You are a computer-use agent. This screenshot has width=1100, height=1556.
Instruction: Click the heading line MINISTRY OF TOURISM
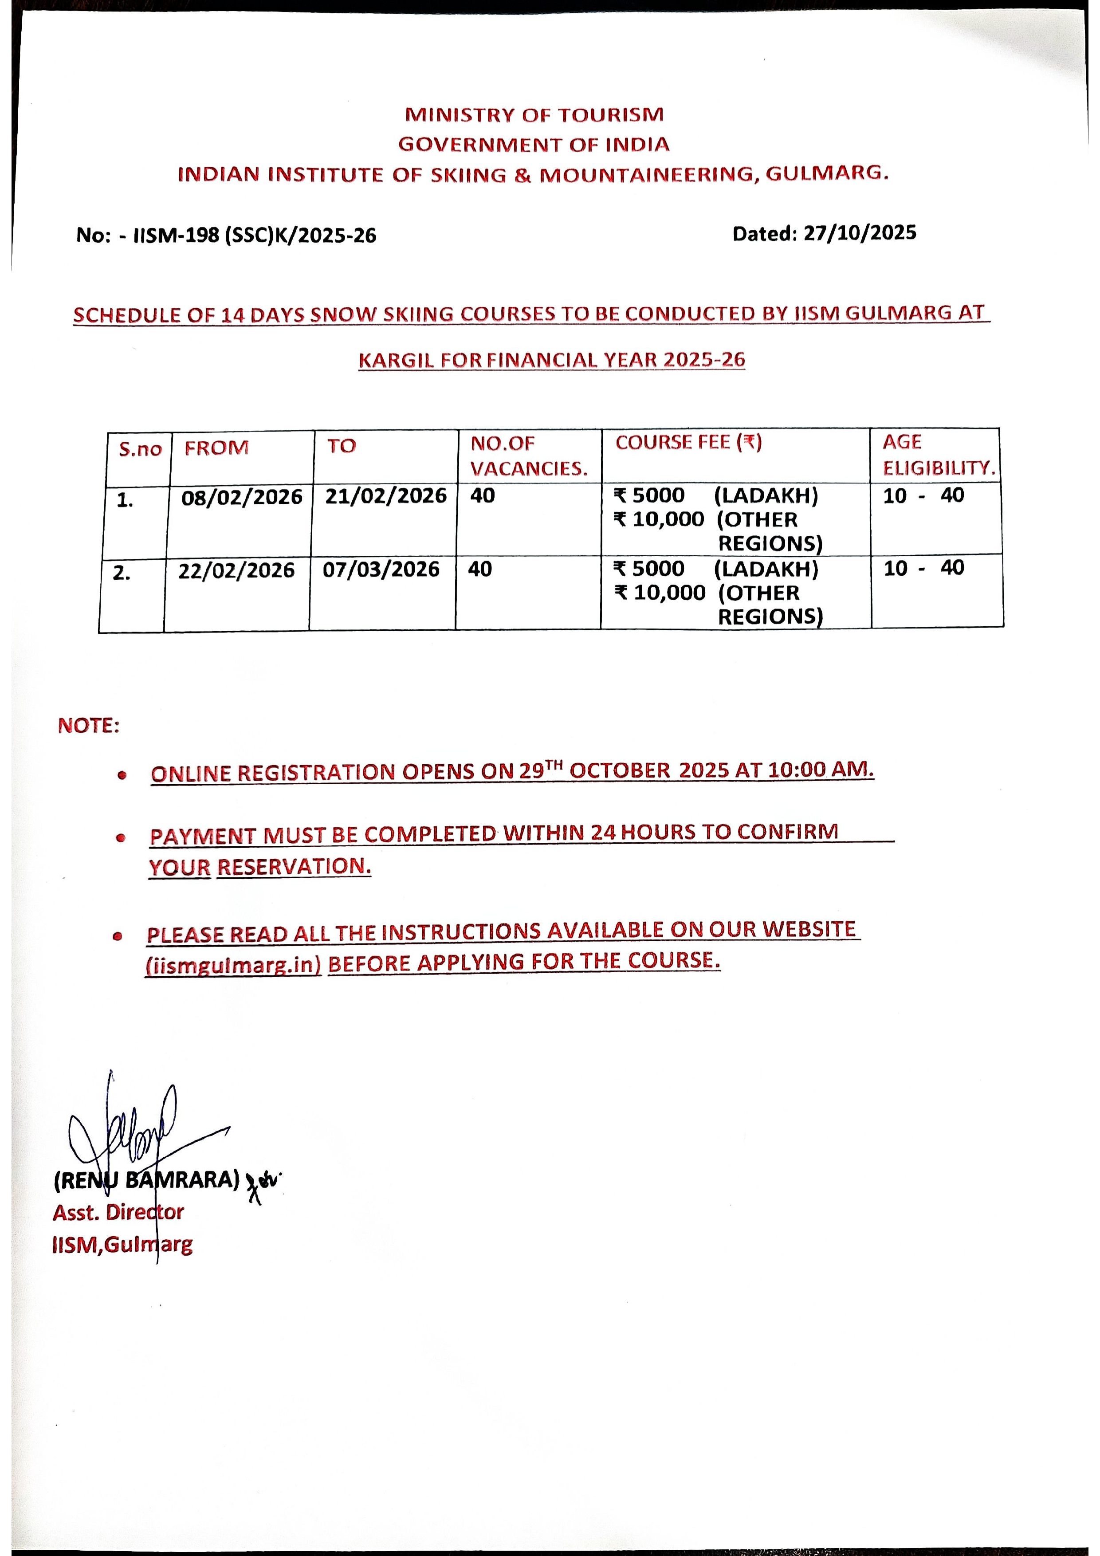pos(534,114)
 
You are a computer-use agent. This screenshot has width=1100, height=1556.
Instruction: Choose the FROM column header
pos(217,448)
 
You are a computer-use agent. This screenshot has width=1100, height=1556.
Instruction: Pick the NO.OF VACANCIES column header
pos(529,456)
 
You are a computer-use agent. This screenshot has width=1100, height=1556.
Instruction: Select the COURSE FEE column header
pos(688,443)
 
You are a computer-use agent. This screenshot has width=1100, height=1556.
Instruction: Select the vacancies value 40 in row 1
pos(483,495)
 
